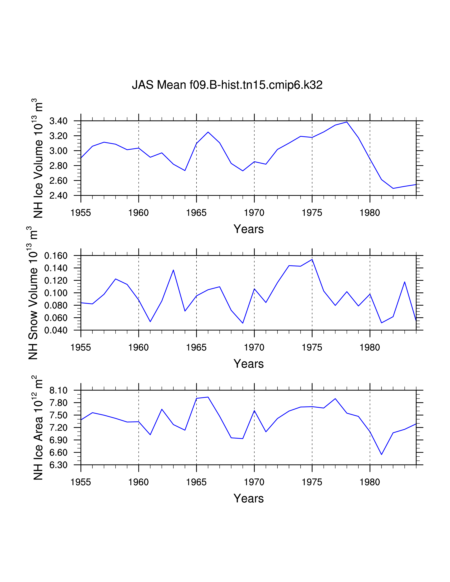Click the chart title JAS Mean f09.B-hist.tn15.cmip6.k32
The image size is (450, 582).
pyautogui.click(x=227, y=85)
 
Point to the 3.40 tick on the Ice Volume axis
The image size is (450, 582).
pyautogui.click(x=58, y=121)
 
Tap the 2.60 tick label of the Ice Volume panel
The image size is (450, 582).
pyautogui.click(x=58, y=181)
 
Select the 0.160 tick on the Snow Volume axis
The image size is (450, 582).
pyautogui.click(x=56, y=256)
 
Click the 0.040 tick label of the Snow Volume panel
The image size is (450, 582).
pyautogui.click(x=56, y=331)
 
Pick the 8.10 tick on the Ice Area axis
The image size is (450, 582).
pyautogui.click(x=58, y=391)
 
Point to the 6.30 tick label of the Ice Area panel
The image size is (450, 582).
pyautogui.click(x=58, y=465)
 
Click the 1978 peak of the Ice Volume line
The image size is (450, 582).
pyautogui.click(x=347, y=122)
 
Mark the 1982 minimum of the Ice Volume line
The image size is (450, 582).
pyautogui.click(x=393, y=188)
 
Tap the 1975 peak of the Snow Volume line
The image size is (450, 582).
pyautogui.click(x=312, y=259)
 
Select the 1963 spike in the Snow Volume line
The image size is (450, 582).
pyautogui.click(x=173, y=270)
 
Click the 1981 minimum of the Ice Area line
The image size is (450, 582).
pyautogui.click(x=382, y=455)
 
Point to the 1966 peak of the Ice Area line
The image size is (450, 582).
pyautogui.click(x=208, y=397)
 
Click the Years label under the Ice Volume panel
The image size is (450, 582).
pyautogui.click(x=248, y=229)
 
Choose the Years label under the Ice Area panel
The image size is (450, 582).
pyautogui.click(x=248, y=499)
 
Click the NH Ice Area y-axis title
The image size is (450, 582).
pyautogui.click(x=38, y=428)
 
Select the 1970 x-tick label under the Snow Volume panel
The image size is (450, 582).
pyautogui.click(x=254, y=347)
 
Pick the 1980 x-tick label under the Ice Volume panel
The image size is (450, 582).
pyautogui.click(x=370, y=213)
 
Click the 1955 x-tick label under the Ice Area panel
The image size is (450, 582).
pyautogui.click(x=81, y=482)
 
